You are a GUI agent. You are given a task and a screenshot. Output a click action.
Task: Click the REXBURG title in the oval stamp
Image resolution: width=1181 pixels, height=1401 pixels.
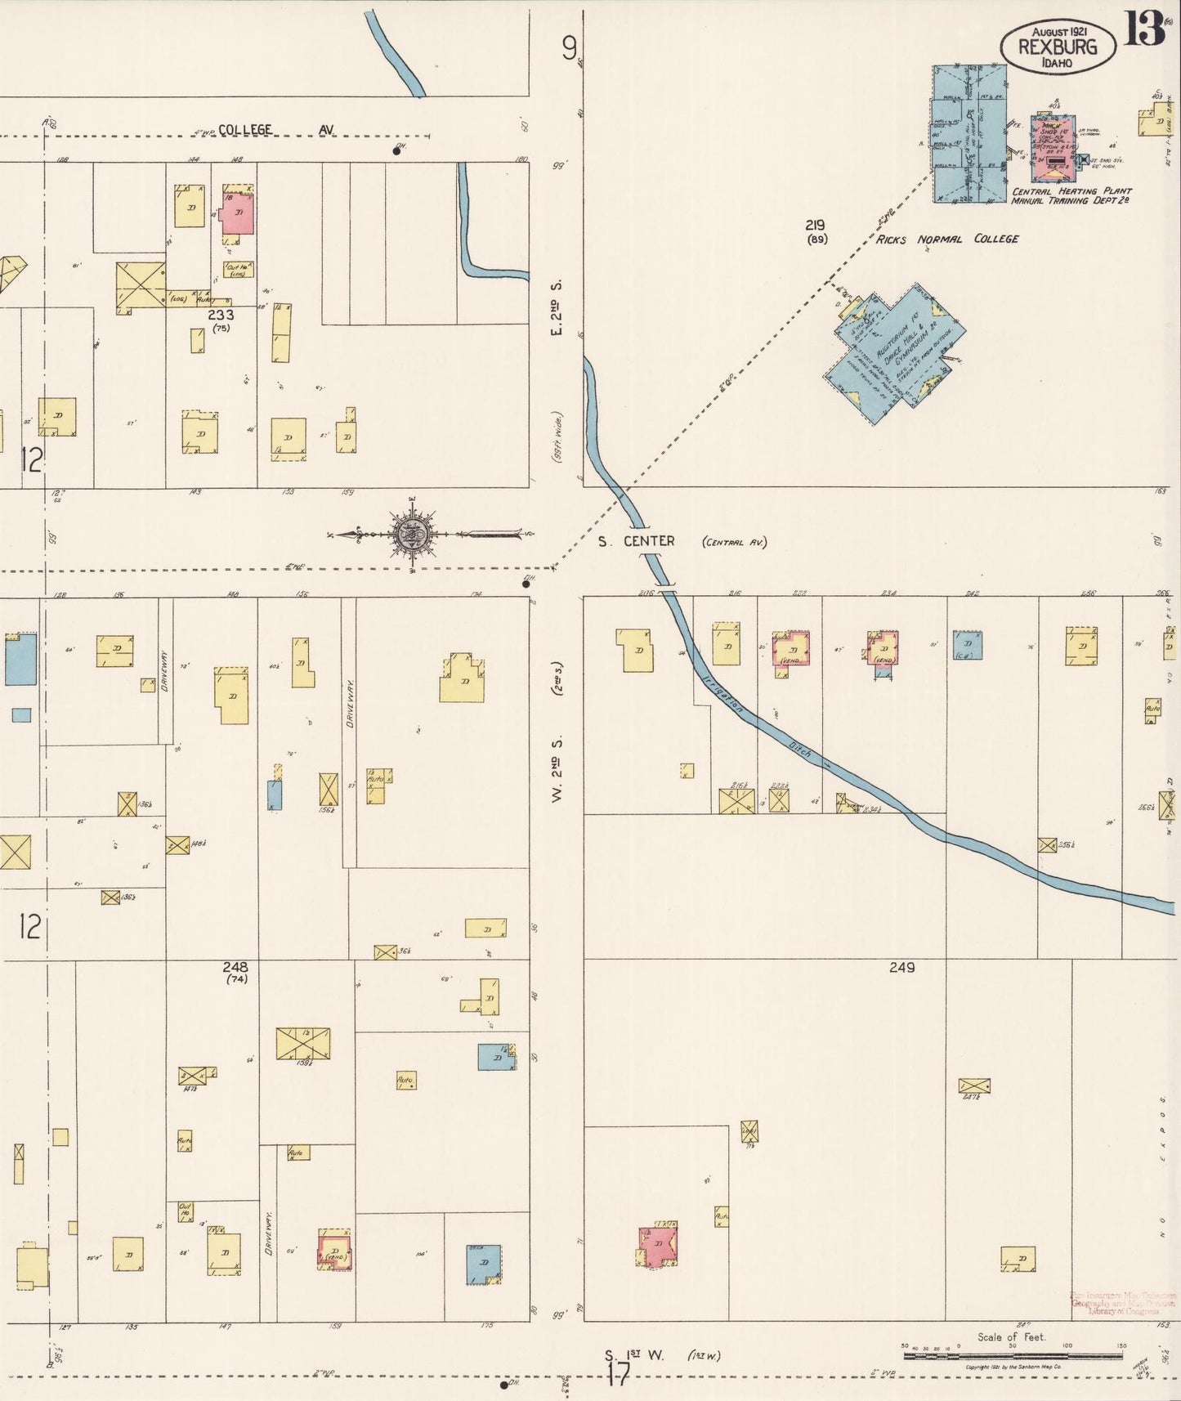tap(1057, 47)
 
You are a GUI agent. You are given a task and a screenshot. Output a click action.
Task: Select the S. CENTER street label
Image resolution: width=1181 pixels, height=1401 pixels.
tap(636, 541)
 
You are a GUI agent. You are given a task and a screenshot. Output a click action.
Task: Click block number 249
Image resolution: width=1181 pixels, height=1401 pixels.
tap(901, 967)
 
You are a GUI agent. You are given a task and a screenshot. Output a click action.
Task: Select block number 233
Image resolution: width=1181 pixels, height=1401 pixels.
tap(220, 315)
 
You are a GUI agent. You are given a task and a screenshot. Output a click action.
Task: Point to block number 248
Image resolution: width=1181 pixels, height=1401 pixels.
tap(235, 967)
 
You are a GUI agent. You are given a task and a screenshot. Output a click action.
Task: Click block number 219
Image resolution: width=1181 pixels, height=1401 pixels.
tap(814, 225)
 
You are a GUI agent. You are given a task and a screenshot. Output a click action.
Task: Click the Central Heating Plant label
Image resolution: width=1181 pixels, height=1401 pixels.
tap(1071, 191)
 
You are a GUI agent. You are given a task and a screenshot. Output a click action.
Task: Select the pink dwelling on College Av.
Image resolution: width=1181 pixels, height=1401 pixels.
tap(238, 213)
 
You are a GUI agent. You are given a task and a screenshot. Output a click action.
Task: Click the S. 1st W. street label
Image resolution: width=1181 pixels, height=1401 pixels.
tap(634, 1355)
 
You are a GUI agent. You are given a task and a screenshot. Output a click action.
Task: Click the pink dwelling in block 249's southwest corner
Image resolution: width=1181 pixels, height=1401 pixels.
tap(657, 1246)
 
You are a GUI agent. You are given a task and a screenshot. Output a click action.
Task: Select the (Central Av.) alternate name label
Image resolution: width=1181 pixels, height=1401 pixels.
tap(733, 542)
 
